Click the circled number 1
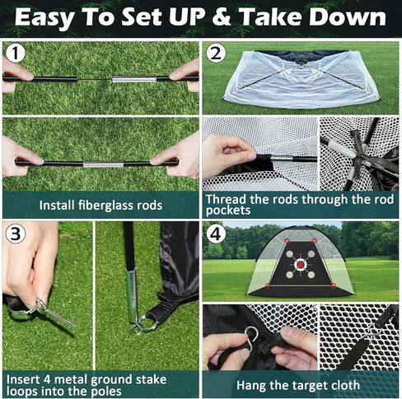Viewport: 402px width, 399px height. (x=16, y=53)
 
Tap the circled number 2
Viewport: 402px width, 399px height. (x=216, y=53)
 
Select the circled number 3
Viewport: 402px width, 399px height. (x=16, y=234)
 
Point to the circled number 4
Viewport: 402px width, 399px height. (x=216, y=234)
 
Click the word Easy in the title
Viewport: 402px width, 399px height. (x=44, y=18)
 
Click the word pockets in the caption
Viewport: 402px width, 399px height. (x=228, y=211)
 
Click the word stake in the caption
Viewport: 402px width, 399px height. (x=151, y=379)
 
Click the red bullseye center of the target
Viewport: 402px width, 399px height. (x=301, y=265)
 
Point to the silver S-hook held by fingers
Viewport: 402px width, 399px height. (x=251, y=338)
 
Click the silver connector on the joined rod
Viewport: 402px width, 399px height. (x=103, y=165)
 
